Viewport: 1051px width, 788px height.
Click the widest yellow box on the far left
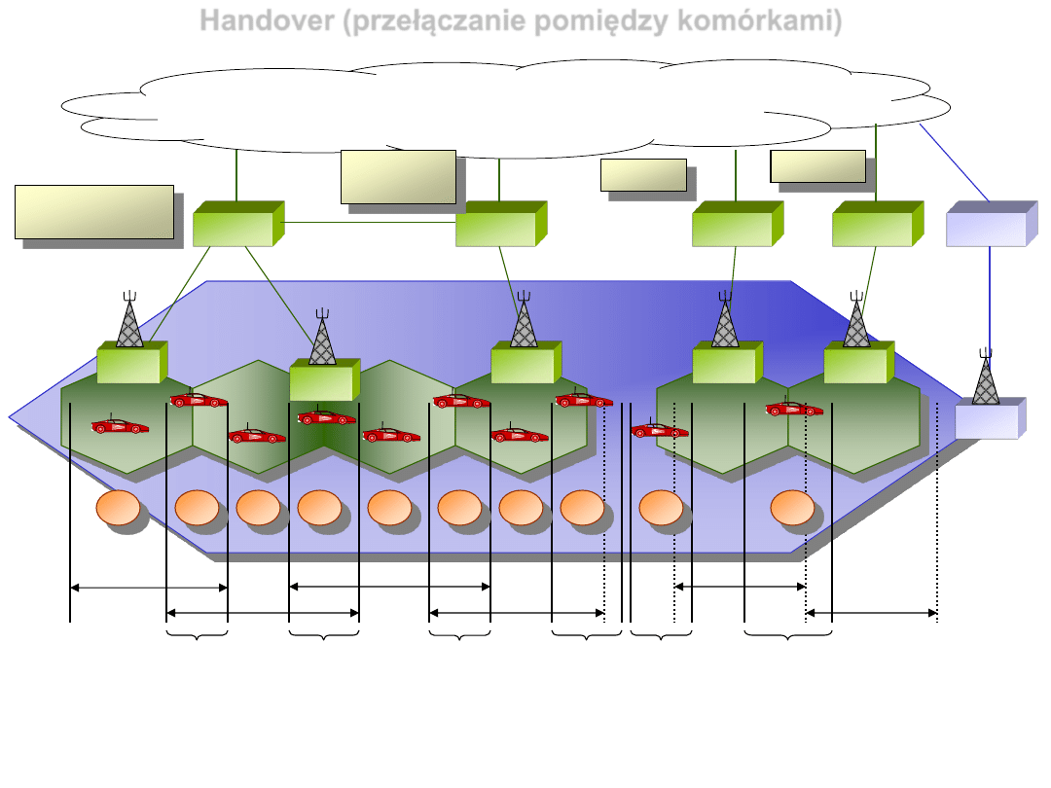pos(94,211)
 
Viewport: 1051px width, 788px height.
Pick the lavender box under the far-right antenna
pos(986,421)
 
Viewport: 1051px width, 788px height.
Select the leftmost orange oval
pos(119,509)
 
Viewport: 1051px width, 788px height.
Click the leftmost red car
pos(120,426)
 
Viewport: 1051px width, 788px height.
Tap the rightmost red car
pos(794,410)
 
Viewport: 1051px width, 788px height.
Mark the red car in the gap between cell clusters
pos(660,430)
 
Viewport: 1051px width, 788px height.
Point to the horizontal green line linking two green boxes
pos(370,222)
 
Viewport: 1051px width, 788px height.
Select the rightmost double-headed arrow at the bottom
pos(871,613)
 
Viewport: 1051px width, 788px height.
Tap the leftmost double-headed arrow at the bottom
pos(149,587)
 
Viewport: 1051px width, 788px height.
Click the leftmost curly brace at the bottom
pos(198,636)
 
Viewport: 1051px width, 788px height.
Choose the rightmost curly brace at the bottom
pos(788,636)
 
